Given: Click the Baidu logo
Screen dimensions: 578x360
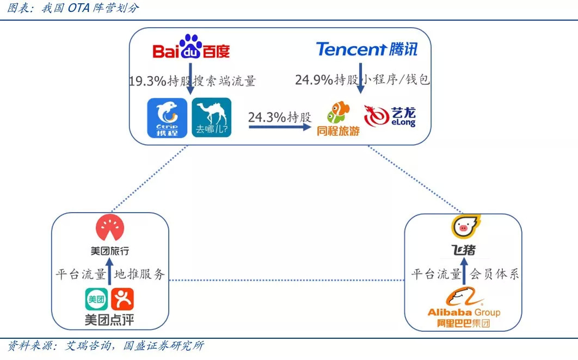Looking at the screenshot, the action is (x=191, y=47).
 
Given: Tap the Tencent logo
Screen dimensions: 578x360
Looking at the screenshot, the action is (x=367, y=49).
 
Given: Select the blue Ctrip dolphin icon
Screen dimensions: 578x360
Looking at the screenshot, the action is (x=167, y=118).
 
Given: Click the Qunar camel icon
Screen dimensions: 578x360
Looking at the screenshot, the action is (x=212, y=117).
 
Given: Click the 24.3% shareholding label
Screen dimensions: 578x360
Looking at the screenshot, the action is (x=280, y=117).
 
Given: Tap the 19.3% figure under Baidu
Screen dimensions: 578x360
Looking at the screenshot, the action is (x=147, y=80).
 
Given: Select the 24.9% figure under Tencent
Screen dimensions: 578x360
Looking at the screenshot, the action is (x=314, y=79).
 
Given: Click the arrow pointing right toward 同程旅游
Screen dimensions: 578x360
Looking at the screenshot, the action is (x=280, y=127).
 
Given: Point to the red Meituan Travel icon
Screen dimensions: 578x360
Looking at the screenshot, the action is (x=110, y=228).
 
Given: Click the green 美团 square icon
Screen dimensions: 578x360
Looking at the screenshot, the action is (x=96, y=299).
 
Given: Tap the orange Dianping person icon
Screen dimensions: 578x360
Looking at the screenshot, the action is (x=122, y=299).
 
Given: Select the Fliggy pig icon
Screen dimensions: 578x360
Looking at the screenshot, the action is (x=465, y=227).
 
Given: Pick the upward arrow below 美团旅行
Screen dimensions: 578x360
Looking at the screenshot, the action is (x=109, y=271).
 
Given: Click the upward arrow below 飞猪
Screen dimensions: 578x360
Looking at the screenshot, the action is (x=464, y=271).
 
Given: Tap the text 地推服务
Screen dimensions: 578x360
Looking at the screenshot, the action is (x=139, y=274).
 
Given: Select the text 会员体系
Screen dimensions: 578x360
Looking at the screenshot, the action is (x=494, y=274).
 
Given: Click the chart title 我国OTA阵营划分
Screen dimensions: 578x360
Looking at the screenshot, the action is (x=90, y=8).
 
